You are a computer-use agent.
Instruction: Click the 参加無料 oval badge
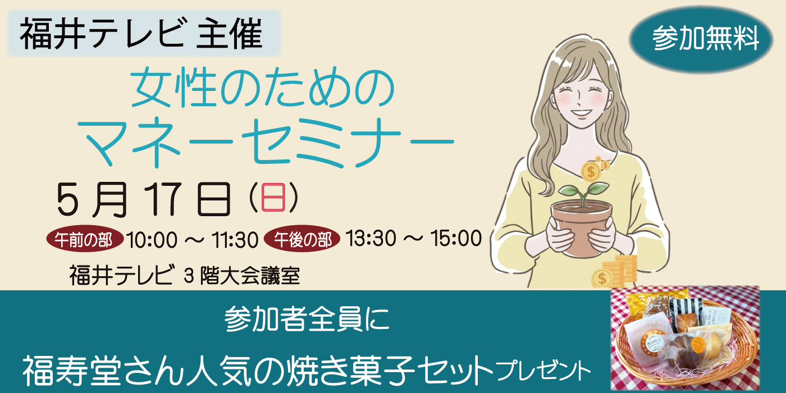pyautogui.click(x=706, y=39)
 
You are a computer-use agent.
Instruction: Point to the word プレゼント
pyautogui.click(x=543, y=371)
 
